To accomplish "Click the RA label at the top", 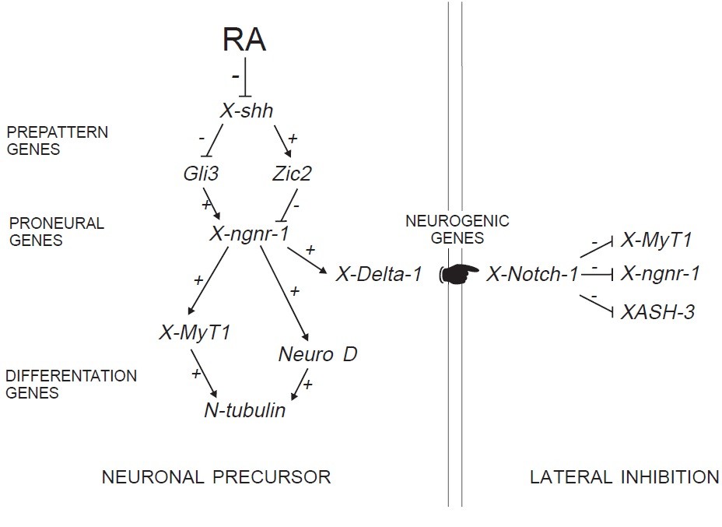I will [244, 39].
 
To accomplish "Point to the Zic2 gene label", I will [292, 174].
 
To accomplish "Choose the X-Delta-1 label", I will [379, 274].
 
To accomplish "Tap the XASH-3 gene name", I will [657, 312].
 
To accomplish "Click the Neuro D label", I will [317, 355].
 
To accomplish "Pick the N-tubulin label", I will [244, 410].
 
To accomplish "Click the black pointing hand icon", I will [460, 274].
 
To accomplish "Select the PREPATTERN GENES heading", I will [57, 140].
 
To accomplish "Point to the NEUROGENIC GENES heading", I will [457, 230].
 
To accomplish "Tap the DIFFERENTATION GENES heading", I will [71, 385].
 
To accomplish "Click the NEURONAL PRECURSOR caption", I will [216, 477].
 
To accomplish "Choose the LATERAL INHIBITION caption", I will [624, 477].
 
